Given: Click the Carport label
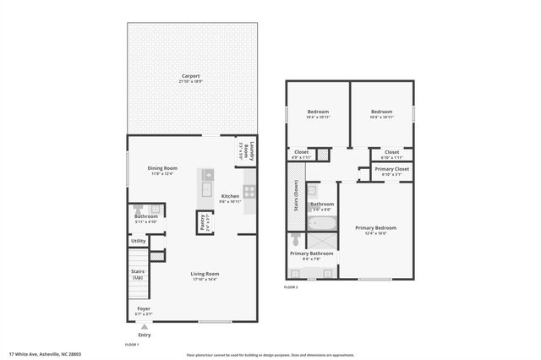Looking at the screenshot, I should (191, 77).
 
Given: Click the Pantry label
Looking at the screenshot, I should (202, 223).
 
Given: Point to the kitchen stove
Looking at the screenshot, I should (249, 191).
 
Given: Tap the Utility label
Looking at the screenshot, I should (138, 241).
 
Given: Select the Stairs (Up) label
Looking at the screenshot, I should (137, 275).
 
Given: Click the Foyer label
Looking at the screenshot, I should (144, 308).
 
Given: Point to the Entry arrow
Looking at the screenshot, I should (144, 327).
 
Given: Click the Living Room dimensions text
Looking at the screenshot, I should (205, 279).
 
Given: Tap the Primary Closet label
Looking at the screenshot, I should (391, 169).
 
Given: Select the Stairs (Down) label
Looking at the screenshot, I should (295, 198).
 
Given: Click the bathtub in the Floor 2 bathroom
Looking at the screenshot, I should (322, 225).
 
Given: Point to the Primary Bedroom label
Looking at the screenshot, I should (375, 227).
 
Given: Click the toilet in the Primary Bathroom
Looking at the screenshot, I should (297, 240).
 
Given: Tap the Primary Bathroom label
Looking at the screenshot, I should (312, 254).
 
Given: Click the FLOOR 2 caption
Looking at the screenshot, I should (292, 287).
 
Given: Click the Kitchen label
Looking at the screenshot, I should (231, 195).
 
